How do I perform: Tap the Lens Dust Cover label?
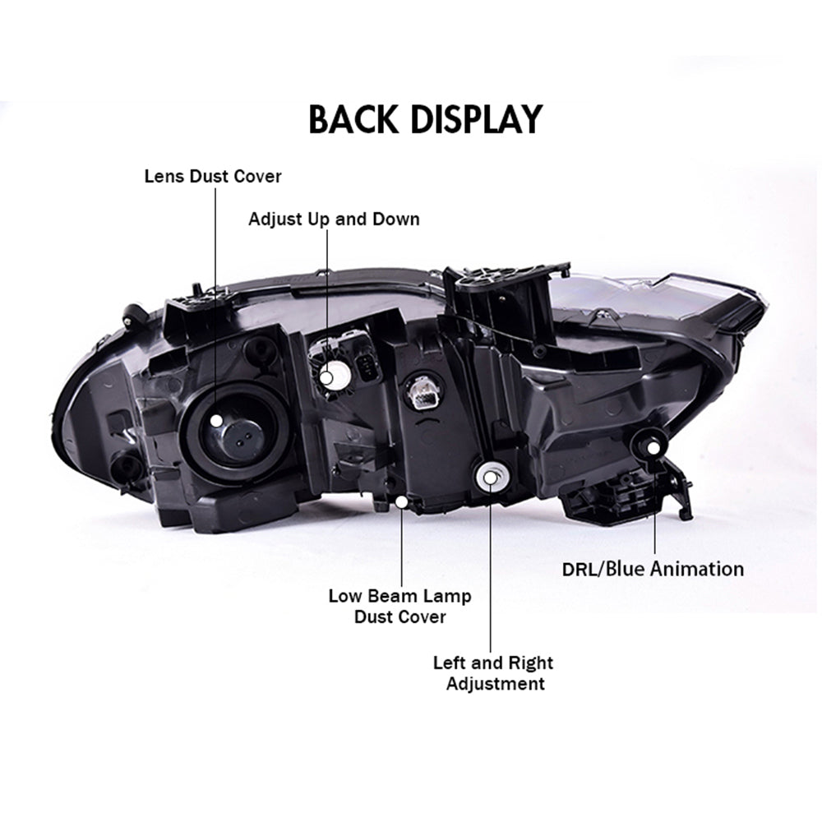pos(213,176)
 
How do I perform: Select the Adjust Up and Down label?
pos(334,219)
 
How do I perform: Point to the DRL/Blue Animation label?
pos(653,569)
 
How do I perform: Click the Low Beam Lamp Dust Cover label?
pos(399,607)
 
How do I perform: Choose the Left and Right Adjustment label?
pos(493,673)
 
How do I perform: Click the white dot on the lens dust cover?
pos(215,419)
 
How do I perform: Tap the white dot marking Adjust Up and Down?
pos(327,377)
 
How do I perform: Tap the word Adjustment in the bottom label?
pos(495,684)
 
